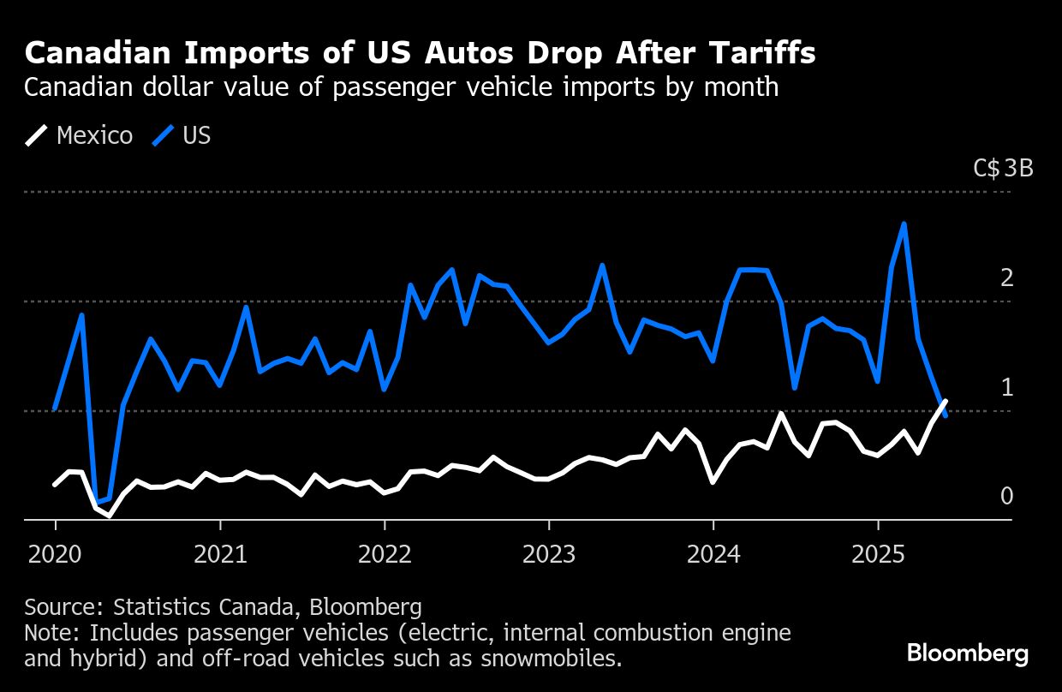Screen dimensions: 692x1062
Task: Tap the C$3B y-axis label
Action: tap(1003, 168)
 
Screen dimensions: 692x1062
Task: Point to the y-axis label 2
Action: tap(1006, 277)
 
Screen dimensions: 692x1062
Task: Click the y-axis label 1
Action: tap(1006, 387)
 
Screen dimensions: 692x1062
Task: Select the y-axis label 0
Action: tap(1006, 496)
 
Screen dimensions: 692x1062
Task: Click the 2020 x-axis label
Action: tap(55, 554)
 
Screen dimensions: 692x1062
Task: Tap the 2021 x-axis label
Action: tap(220, 554)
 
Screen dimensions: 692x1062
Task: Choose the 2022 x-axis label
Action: tap(385, 554)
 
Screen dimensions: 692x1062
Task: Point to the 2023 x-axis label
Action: tap(549, 554)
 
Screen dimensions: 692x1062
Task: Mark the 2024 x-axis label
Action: tap(713, 554)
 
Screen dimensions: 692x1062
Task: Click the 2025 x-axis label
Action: tap(878, 554)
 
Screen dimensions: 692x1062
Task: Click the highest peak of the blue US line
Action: tap(904, 224)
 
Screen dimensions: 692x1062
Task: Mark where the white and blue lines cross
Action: tap(942, 408)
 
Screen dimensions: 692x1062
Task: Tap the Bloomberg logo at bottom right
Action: tap(968, 654)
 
